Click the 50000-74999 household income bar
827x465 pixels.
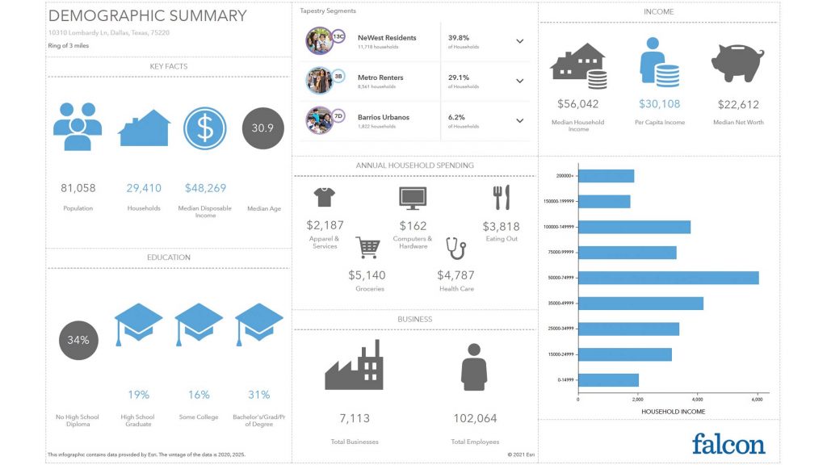tap(668, 278)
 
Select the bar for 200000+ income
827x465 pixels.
tap(606, 176)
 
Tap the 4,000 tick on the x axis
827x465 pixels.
tap(697, 400)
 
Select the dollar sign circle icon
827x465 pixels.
tap(204, 128)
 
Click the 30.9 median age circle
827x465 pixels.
tap(263, 128)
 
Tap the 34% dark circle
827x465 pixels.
tap(78, 340)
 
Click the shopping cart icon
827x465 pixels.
tap(367, 248)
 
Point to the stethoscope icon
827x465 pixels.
tap(457, 248)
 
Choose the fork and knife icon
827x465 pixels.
tap(501, 198)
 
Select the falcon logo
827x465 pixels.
tap(728, 443)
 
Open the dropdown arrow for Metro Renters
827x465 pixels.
tap(519, 81)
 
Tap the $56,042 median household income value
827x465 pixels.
tap(578, 104)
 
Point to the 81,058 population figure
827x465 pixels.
tap(78, 188)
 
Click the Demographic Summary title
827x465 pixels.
tap(147, 15)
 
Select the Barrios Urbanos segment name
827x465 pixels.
tap(383, 117)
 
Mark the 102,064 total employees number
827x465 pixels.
tap(475, 418)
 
